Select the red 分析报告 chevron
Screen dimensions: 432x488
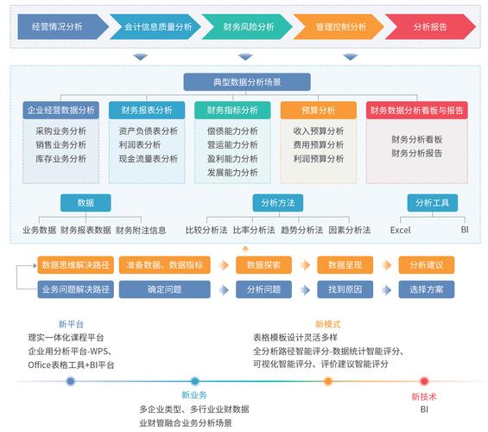429,27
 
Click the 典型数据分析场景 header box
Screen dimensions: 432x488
246,82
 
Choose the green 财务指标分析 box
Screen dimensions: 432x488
232,111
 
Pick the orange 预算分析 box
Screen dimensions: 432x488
319,111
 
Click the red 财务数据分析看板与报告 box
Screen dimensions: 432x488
416,111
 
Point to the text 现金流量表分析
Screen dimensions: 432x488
148,159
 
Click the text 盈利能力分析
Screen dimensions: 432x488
232,159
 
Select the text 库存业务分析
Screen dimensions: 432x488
61,159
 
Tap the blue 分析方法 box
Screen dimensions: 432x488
277,203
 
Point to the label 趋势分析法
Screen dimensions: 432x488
301,231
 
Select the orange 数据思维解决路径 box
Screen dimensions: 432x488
74,265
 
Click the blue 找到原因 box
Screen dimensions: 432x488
345,289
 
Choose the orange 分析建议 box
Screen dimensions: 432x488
426,265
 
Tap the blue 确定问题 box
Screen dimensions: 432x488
164,289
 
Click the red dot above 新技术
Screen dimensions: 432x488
424,381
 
